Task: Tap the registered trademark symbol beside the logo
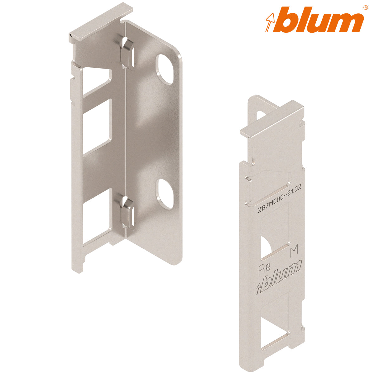pyautogui.click(x=366, y=7)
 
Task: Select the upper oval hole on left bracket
pyautogui.click(x=165, y=70)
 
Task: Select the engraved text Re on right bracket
pyautogui.click(x=263, y=269)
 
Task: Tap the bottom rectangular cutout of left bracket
pyautogui.click(x=97, y=218)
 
